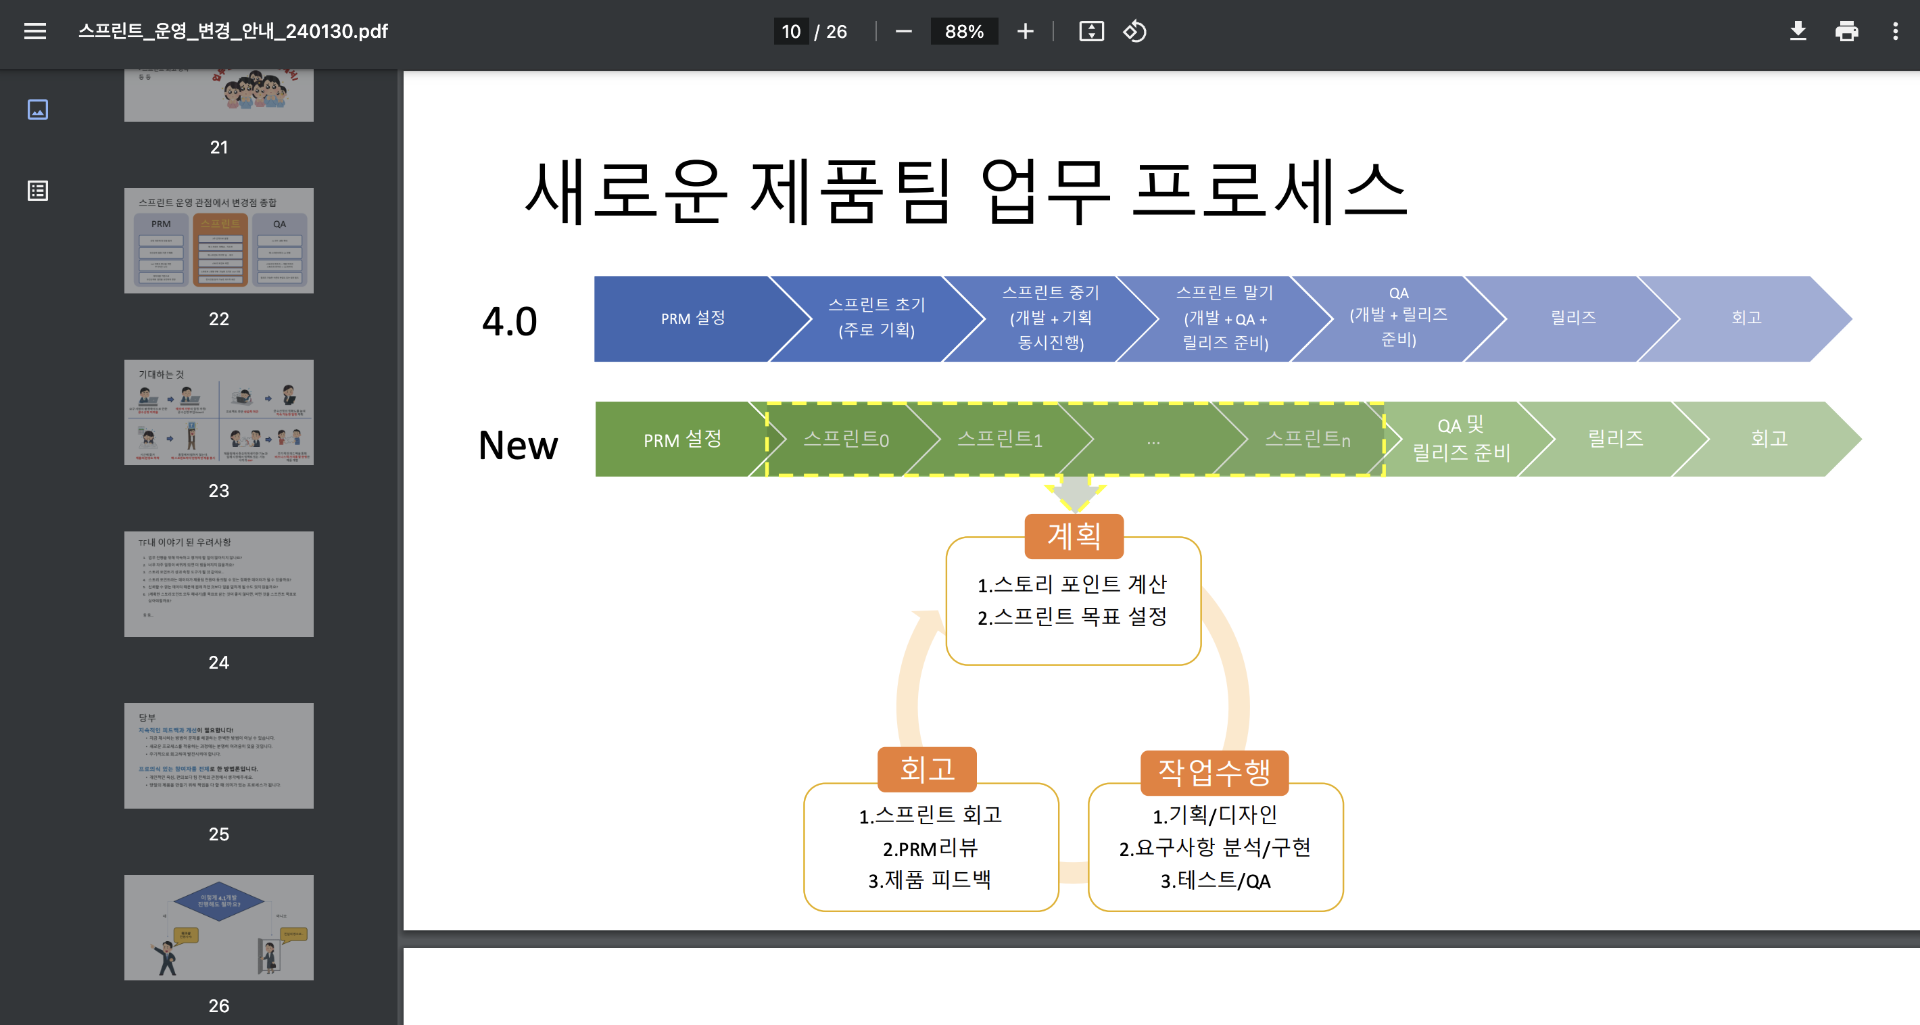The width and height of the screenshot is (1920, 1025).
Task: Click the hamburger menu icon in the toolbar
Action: pos(35,31)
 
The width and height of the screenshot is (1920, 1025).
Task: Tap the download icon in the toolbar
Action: pos(1798,31)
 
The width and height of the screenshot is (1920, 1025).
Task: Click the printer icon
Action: pos(1846,31)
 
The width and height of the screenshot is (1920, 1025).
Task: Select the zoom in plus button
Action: pos(1026,31)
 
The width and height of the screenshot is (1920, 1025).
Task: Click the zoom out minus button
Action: pos(903,31)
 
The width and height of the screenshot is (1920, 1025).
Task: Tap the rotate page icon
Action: pos(1134,31)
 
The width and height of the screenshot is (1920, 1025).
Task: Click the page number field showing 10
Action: pos(791,31)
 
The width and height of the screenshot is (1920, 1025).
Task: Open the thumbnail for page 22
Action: pos(218,240)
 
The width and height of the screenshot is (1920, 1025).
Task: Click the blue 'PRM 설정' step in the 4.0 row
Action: pos(692,318)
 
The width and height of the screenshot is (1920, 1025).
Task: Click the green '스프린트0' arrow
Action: pos(846,439)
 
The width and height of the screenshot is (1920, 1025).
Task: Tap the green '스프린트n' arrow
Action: pos(1307,439)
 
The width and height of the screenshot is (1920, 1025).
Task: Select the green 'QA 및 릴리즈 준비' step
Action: pos(1461,439)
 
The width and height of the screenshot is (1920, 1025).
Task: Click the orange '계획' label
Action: pos(1074,535)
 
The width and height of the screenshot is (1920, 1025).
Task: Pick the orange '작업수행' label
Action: pos(1214,771)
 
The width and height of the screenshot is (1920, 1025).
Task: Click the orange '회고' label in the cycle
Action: pos(927,769)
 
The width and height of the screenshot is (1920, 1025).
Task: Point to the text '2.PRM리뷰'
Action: pos(930,849)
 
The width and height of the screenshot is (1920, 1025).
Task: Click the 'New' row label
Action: pos(518,445)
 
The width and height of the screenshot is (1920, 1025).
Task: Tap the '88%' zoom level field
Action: pos(964,31)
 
